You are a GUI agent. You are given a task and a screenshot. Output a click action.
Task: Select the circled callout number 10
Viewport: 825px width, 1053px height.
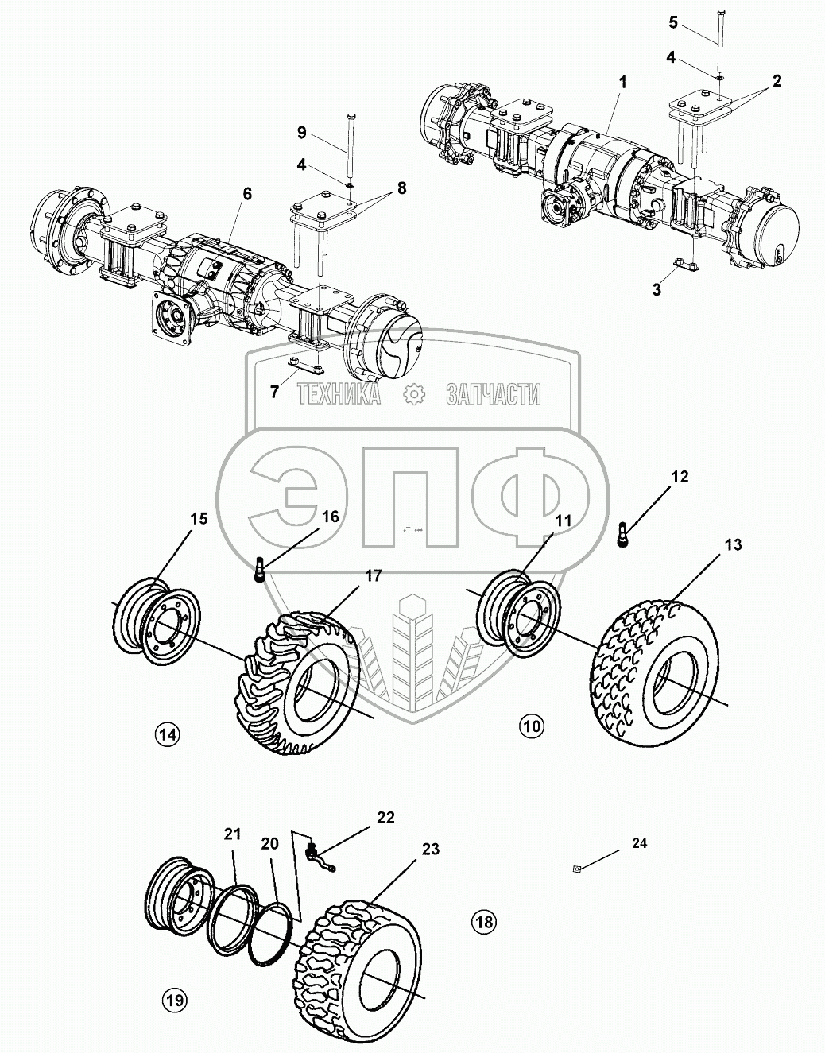click(x=532, y=725)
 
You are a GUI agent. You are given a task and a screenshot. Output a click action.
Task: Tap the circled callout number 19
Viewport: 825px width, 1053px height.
click(x=174, y=1000)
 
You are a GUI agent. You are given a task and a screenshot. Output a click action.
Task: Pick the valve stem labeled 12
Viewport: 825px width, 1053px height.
click(x=624, y=533)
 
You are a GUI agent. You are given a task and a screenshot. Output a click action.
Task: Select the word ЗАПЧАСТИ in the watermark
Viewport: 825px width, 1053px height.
click(x=493, y=393)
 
